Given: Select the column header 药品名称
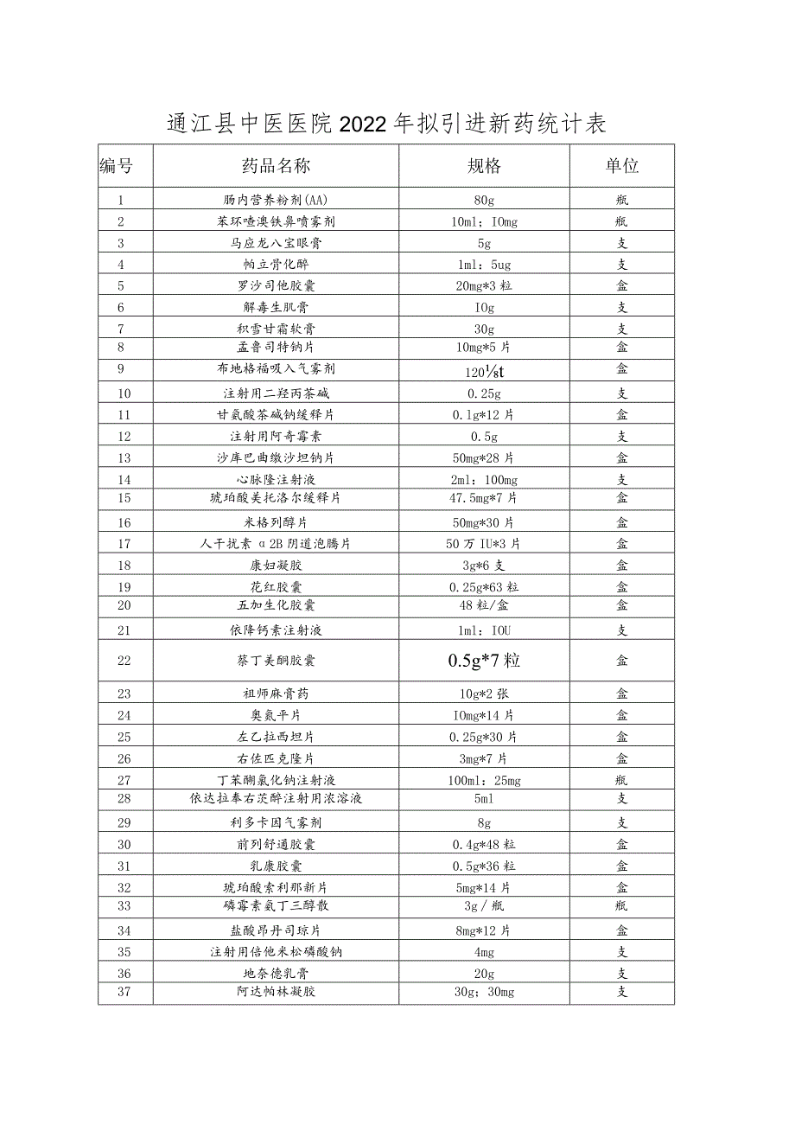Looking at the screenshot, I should pos(276,166).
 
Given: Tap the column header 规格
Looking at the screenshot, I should pos(484,166).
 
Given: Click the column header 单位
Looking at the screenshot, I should pos(621,166).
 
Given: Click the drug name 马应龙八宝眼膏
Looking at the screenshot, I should pos(276,243).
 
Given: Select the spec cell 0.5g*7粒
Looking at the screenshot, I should pos(484,661).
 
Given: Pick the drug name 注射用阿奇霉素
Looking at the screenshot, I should pos(276,437).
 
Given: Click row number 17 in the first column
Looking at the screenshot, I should pos(124,544).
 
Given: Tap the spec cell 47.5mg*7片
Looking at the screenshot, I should pos(484,498).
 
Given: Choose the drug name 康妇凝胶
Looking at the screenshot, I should pos(276,566).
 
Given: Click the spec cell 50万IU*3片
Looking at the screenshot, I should pos(484,544).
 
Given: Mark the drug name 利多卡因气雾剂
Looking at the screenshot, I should pos(276,823).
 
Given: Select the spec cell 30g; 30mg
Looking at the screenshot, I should pos(484,992).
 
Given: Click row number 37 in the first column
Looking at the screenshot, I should pos(124,992).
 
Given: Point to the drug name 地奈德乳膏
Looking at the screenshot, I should pos(276,974).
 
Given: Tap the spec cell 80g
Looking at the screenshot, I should pos(484,201).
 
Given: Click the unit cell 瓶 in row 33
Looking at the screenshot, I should pos(621,906).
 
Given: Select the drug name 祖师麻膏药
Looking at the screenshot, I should pos(276,694).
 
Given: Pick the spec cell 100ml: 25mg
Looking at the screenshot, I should pos(484,781).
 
